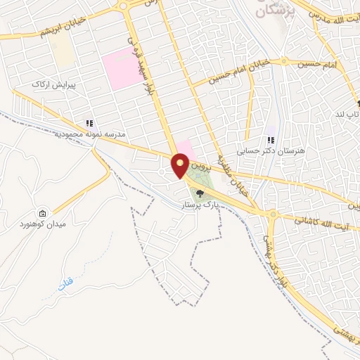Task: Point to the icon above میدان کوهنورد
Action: click(x=43, y=213)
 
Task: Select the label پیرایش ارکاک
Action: click(x=50, y=84)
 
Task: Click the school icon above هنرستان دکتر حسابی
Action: click(x=271, y=140)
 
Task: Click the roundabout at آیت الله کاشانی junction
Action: click(x=271, y=214)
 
